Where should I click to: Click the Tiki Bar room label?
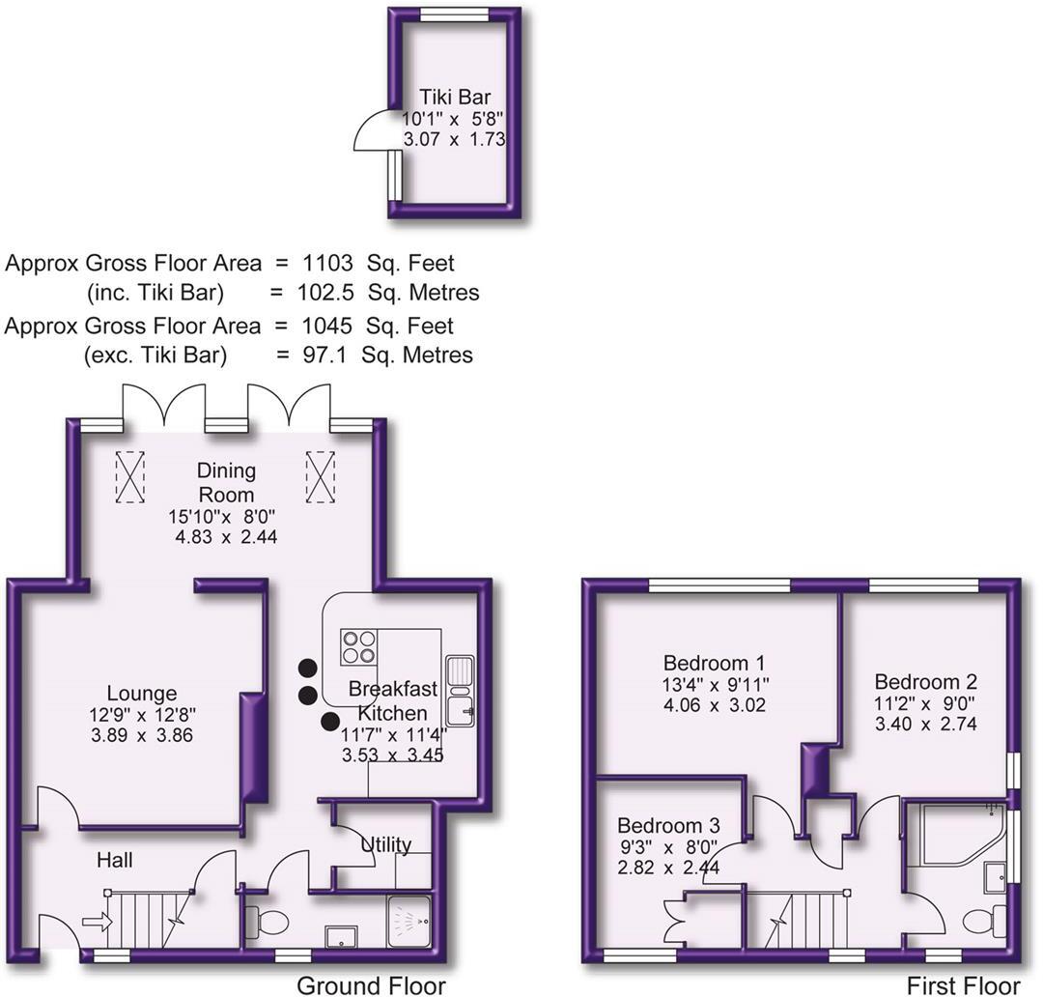[x=454, y=97]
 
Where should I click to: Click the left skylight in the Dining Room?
[x=129, y=476]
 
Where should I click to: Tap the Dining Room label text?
[x=226, y=482]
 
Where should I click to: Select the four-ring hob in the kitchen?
[x=357, y=644]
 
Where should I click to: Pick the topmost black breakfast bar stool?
[x=308, y=667]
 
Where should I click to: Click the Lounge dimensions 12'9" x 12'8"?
[x=142, y=716]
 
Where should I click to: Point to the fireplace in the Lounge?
[x=254, y=745]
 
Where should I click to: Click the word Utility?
[x=386, y=844]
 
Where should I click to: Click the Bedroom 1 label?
[x=715, y=664]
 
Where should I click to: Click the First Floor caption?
[x=963, y=984]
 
